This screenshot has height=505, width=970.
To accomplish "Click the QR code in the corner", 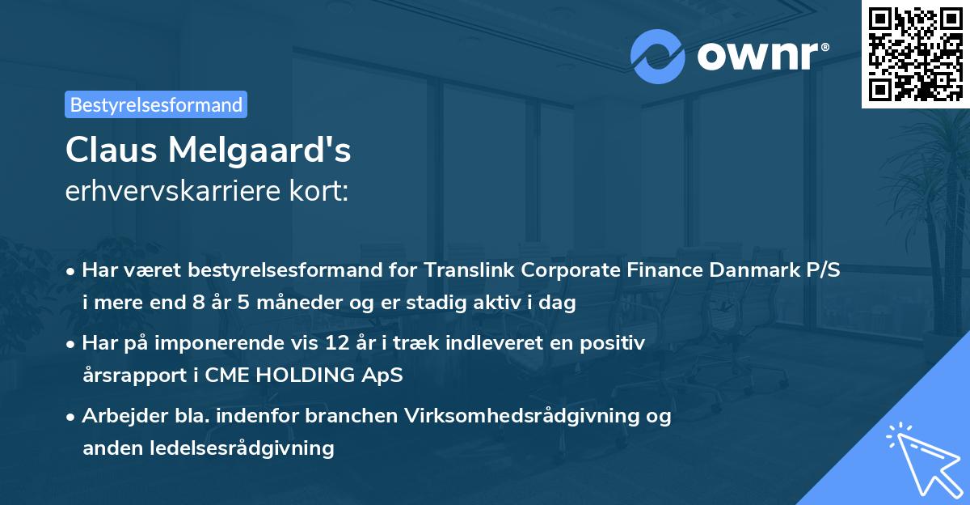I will [x=916, y=53].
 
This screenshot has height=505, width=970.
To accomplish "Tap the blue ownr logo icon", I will [x=658, y=56].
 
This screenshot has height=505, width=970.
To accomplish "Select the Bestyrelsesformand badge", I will [x=156, y=104].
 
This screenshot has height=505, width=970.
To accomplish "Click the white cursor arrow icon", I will [x=921, y=457].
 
